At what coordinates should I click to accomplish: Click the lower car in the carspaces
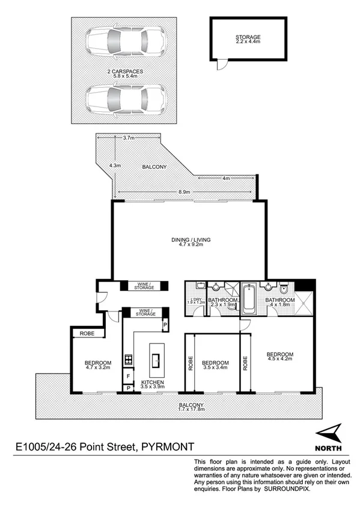tap(125, 98)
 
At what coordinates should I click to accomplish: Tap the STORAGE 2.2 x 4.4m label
tap(248, 41)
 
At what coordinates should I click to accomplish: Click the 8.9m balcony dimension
tap(185, 192)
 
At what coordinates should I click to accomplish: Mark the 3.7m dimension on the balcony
tap(128, 138)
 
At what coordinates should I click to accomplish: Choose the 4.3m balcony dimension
tap(115, 165)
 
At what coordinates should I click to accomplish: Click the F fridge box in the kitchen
tap(127, 376)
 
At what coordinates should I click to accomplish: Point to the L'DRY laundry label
tap(194, 301)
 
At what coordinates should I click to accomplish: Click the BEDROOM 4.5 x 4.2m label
tap(280, 357)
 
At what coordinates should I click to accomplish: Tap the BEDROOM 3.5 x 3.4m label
tap(215, 366)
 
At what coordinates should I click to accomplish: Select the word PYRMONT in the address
tap(168, 447)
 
